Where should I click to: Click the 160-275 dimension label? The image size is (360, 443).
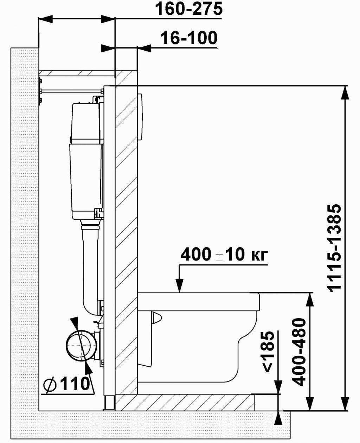point(189,9)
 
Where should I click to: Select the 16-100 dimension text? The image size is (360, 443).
point(189,38)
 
